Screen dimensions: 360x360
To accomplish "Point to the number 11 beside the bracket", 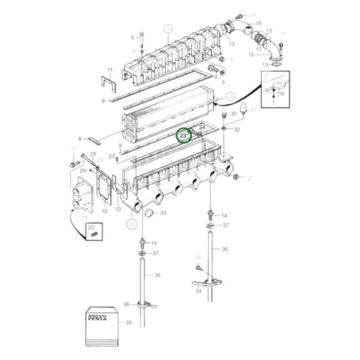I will point(110,70).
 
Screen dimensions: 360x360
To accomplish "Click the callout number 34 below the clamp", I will point(198,292).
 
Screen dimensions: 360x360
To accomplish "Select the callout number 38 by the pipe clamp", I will point(126,304).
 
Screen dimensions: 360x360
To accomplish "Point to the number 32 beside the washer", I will point(236,129).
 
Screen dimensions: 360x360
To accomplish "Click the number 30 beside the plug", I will point(232,114).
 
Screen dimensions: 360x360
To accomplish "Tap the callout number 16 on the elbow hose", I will point(258,24).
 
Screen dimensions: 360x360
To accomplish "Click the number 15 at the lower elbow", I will point(251,54).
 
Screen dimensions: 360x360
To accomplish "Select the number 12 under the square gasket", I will point(105,211).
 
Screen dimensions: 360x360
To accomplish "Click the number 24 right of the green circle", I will point(202,128).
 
